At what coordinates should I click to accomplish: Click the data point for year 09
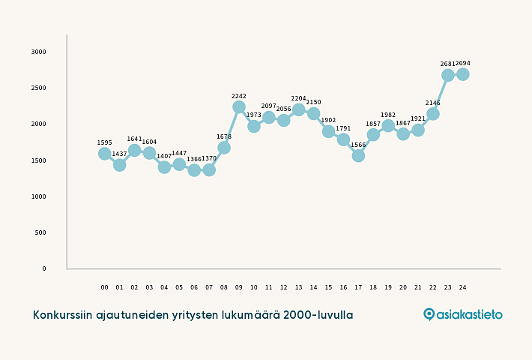click(239, 107)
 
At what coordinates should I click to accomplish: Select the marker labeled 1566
click(358, 156)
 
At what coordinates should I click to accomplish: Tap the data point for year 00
click(105, 154)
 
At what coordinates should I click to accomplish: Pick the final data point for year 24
click(462, 74)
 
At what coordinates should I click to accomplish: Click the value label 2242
click(239, 96)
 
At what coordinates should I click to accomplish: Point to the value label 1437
click(120, 154)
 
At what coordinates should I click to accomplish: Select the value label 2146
click(433, 103)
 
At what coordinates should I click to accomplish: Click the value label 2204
click(298, 98)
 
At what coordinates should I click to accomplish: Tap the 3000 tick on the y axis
click(39, 52)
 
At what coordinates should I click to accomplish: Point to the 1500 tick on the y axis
click(39, 160)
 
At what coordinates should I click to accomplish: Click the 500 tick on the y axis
click(40, 232)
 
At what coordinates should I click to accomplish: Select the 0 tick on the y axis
click(43, 268)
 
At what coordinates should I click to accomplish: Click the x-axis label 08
click(224, 287)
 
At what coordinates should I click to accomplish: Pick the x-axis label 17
click(358, 287)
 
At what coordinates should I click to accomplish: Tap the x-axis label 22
click(433, 287)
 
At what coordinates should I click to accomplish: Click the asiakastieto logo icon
click(429, 314)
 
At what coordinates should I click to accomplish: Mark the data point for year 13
click(298, 110)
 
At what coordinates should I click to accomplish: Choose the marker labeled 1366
click(194, 170)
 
